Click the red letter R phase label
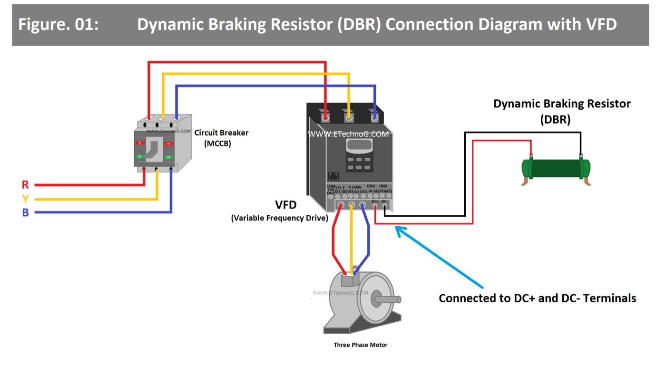tap(25, 184)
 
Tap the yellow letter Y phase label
tap(25, 199)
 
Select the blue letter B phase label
tap(25, 212)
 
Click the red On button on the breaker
tap(168, 143)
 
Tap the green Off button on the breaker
tap(168, 157)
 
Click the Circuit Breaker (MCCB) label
tap(221, 138)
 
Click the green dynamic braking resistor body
tap(556, 169)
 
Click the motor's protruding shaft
tap(387, 299)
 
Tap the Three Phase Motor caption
tap(360, 345)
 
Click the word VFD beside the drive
tap(286, 205)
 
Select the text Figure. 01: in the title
tap(58, 24)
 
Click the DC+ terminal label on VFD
tap(375, 201)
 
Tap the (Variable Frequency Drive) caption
tap(279, 218)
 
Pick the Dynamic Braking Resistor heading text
tap(561, 104)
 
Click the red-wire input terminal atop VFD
tap(325, 116)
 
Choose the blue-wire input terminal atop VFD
tap(375, 116)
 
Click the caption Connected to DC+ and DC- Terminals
tap(537, 298)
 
